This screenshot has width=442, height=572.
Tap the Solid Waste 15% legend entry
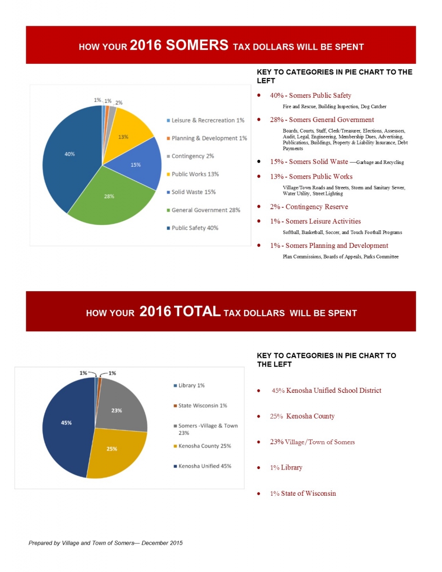point(193,192)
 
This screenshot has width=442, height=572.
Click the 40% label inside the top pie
point(70,154)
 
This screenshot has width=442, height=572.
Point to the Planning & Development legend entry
point(209,138)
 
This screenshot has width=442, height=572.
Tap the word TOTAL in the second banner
point(197,312)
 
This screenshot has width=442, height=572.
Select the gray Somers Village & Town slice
point(122,405)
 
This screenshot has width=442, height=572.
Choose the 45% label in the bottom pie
point(67,423)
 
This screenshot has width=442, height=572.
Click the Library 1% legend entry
point(191,385)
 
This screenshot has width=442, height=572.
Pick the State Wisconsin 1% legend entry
point(202,406)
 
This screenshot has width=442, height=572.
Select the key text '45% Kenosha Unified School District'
point(326,390)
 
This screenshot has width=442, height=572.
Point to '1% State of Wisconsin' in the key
point(303,493)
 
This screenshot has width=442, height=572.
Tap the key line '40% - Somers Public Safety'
point(310,95)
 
